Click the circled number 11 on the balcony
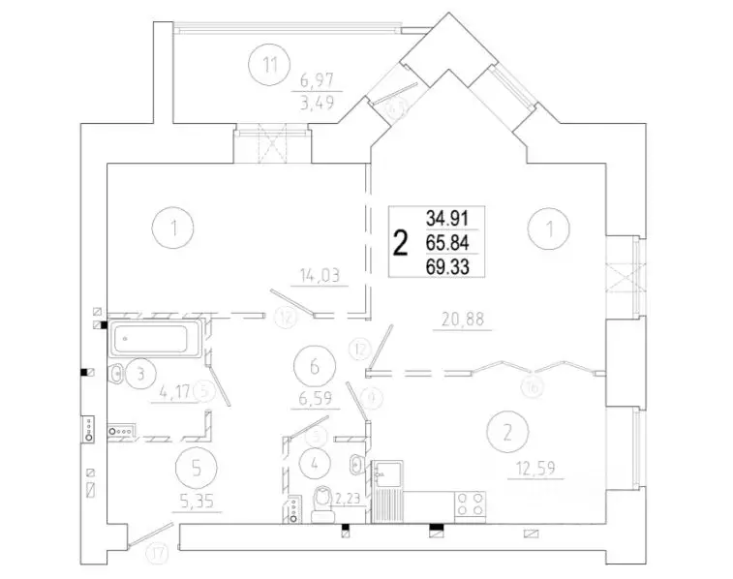point(269,66)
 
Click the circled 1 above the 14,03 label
point(173,229)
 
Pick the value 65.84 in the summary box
point(446,241)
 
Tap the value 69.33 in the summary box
point(446,264)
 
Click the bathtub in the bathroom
point(155,340)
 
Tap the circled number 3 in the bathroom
point(140,372)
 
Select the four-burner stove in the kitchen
point(470,503)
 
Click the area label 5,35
point(198,503)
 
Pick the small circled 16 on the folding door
point(531,386)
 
